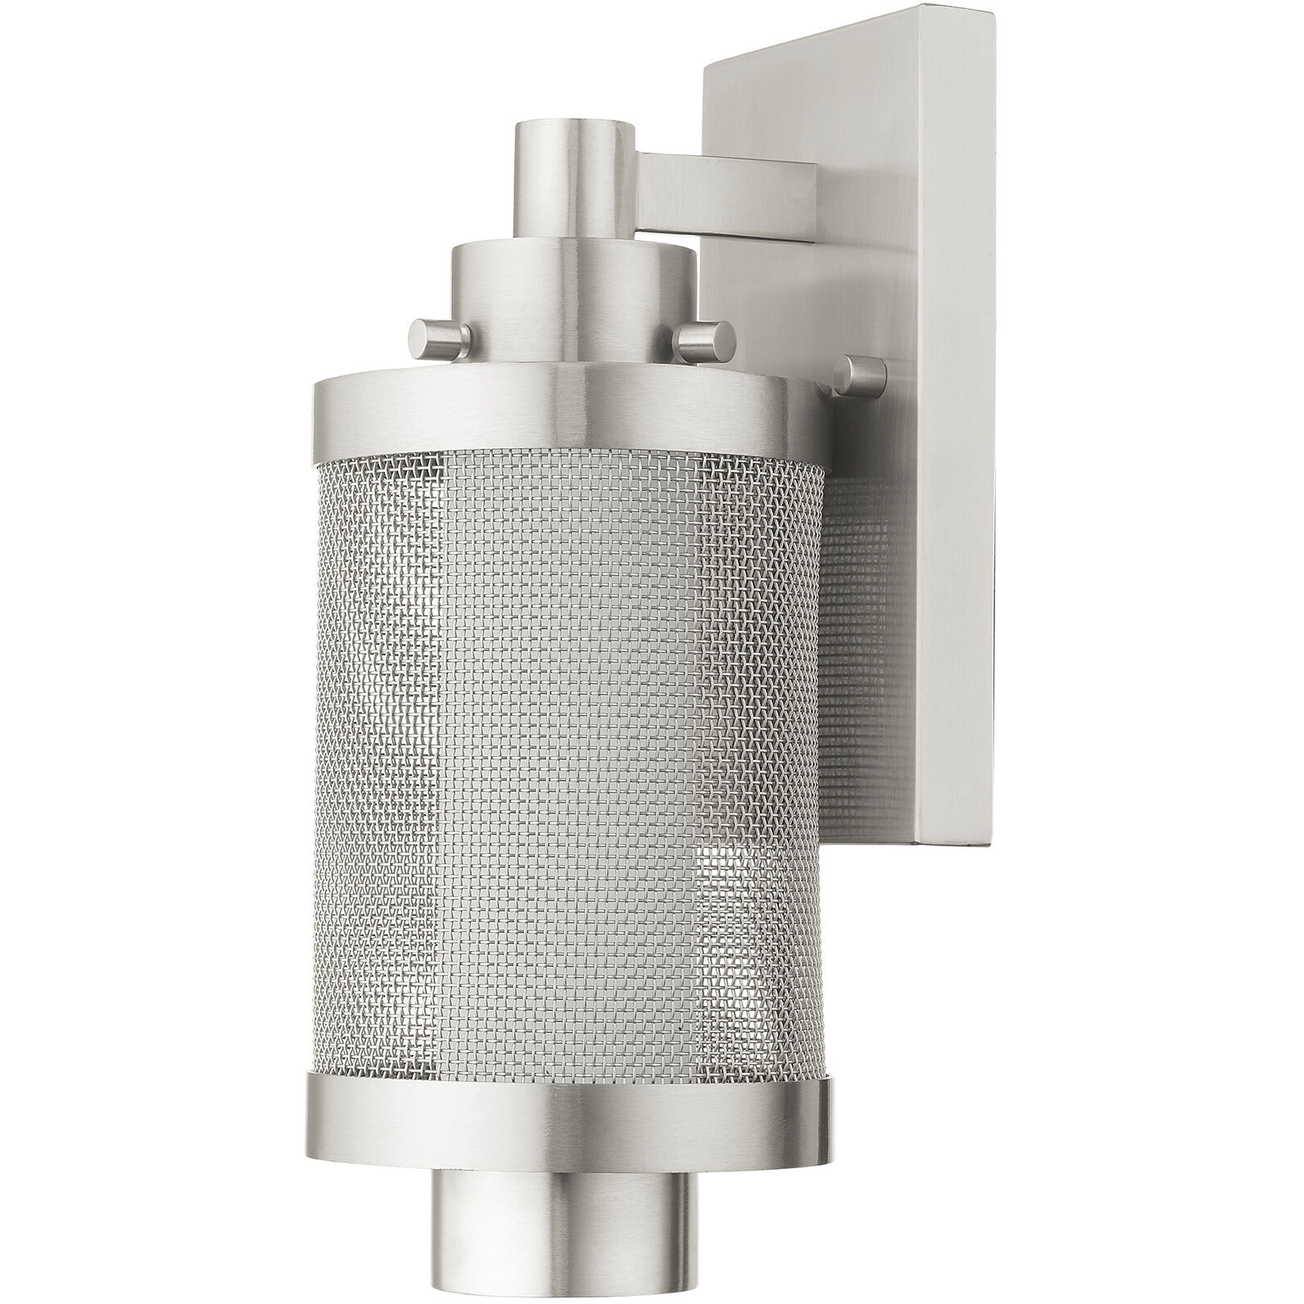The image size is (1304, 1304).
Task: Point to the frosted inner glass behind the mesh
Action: pyautogui.click(x=573, y=737)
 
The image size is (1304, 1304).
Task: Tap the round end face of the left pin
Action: pyautogui.click(x=419, y=336)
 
